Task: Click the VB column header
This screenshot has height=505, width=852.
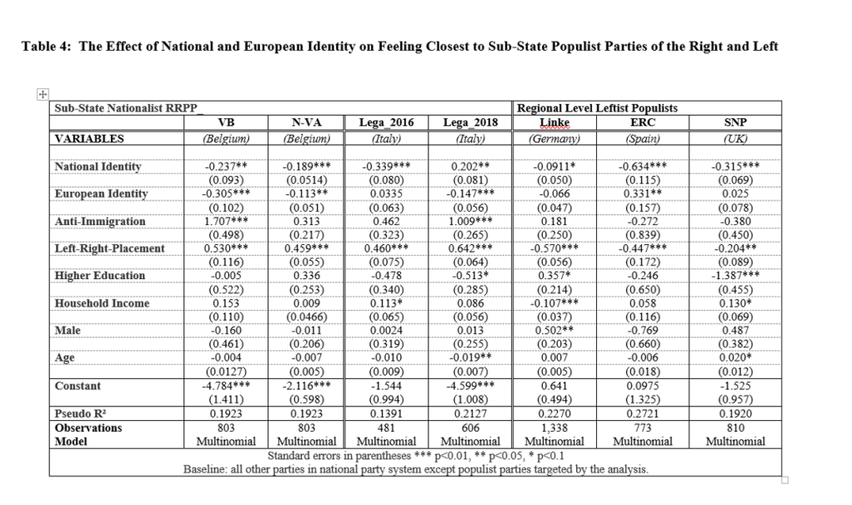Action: (225, 123)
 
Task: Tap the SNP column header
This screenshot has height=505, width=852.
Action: (736, 123)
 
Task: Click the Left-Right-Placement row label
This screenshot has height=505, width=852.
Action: (108, 248)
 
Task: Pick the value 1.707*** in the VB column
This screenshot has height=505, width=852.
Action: (225, 222)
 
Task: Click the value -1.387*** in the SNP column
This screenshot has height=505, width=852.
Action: (736, 276)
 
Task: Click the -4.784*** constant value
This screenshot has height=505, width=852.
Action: (225, 386)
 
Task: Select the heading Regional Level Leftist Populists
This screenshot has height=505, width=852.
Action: (597, 108)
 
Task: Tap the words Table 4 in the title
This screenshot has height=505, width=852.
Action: (48, 47)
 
